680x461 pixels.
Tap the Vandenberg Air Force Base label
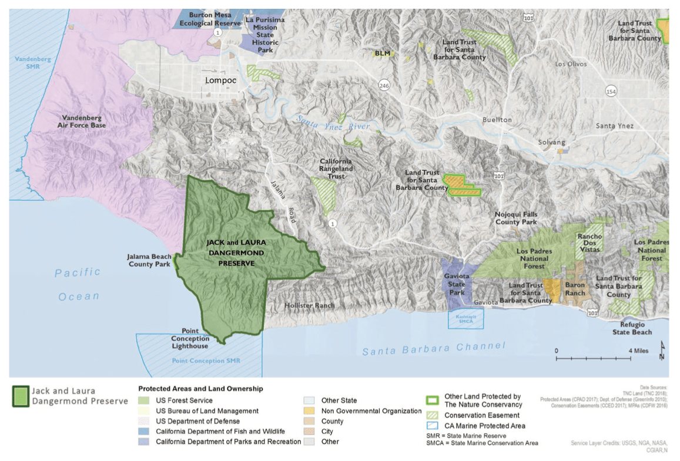(x=82, y=121)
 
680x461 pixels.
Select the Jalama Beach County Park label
(x=149, y=260)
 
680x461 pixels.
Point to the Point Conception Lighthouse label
(x=190, y=338)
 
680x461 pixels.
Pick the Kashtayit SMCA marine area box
(x=465, y=318)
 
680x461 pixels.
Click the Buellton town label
(x=497, y=119)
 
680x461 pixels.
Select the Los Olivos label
(x=571, y=64)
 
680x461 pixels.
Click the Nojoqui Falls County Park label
(x=515, y=218)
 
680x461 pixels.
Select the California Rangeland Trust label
(x=336, y=169)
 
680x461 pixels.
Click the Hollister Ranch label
(x=309, y=305)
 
